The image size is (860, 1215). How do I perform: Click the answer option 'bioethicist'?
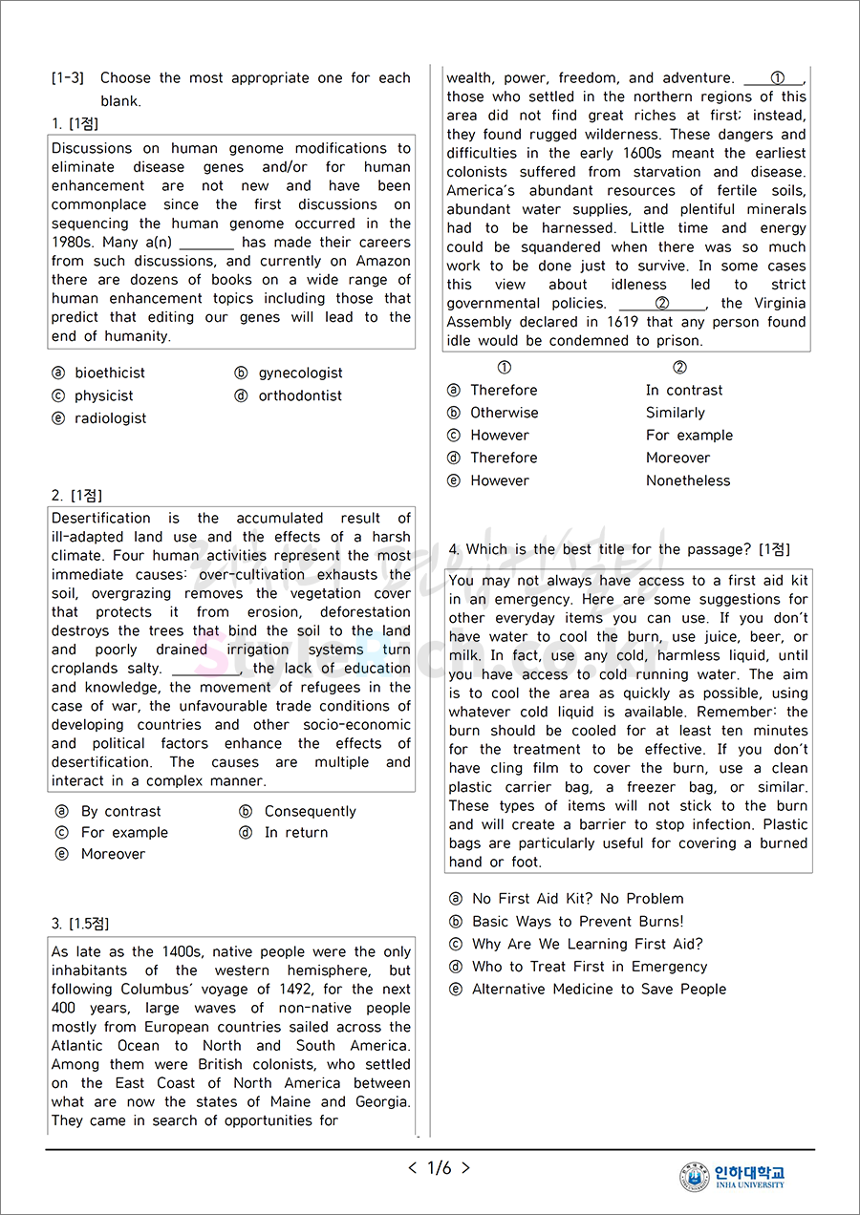point(110,373)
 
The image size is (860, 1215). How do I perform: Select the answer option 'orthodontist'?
point(299,395)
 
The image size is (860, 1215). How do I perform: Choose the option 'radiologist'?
point(110,418)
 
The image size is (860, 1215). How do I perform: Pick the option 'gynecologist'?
point(300,373)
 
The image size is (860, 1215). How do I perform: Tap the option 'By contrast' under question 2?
point(120,811)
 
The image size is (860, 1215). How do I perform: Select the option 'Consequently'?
point(310,811)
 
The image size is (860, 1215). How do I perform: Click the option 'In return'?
point(295,832)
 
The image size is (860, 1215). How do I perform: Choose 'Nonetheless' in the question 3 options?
point(688,480)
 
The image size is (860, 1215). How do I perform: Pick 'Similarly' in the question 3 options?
point(675,413)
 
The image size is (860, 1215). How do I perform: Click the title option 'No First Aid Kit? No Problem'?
point(577,898)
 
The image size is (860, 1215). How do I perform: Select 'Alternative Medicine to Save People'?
point(599,989)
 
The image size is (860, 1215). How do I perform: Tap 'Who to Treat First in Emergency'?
point(590,966)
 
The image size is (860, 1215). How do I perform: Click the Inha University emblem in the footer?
point(695,1177)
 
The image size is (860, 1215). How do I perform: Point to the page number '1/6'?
point(440,1167)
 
